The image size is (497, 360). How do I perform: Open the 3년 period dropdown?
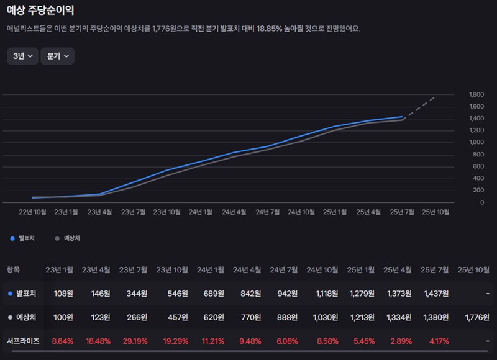pos(22,56)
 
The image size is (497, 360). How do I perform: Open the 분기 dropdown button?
pos(57,56)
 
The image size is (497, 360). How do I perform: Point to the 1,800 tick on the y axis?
pos(476,95)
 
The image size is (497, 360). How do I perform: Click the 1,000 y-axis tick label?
pos(476,143)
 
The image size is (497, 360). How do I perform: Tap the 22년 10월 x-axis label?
pos(32,212)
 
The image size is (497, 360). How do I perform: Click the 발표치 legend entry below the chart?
pos(24,238)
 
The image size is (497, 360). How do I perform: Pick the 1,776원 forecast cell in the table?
pos(476,317)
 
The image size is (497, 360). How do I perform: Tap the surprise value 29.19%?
pos(133,341)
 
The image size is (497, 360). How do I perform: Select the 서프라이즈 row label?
pos(23,341)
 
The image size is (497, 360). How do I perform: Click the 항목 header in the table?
pos(14,269)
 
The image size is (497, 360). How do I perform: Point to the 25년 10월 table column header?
pos(473,269)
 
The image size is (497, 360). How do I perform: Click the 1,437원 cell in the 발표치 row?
pos(437,293)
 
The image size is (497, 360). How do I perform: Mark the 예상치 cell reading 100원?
pos(63,317)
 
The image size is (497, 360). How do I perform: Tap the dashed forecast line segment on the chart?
pos(420,107)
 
